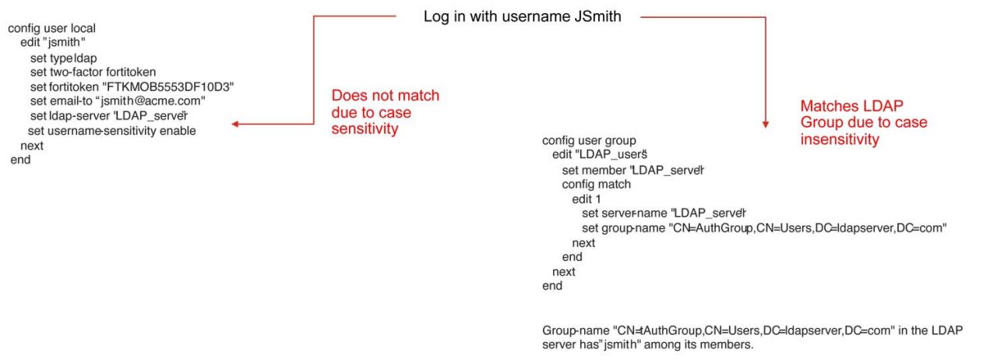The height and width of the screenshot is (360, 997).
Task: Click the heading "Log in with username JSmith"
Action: [x=522, y=16]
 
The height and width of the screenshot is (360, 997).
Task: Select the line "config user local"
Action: [x=51, y=28]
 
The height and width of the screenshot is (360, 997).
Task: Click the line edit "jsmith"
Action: [x=53, y=42]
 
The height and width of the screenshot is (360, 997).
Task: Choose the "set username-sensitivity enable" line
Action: [x=112, y=131]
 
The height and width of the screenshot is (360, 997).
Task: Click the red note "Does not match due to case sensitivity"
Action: [x=386, y=112]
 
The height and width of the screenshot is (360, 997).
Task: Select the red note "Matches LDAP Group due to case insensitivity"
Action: [x=864, y=122]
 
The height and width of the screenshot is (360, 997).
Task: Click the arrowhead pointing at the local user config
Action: [x=235, y=124]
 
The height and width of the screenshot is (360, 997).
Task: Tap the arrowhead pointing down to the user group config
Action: [x=766, y=122]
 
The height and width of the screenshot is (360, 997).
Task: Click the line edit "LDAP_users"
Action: [x=601, y=155]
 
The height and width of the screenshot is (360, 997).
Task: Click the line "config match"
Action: [x=596, y=185]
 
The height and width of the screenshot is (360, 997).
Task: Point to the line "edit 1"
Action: [x=587, y=199]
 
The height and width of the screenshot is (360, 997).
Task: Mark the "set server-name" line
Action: [x=664, y=214]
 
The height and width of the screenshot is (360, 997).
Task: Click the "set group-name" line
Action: [x=763, y=228]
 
